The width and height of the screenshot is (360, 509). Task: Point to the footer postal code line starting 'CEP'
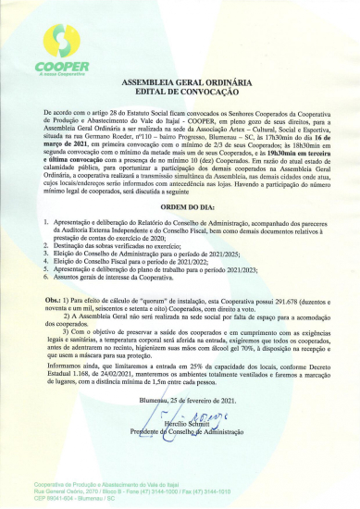point(72,496)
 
